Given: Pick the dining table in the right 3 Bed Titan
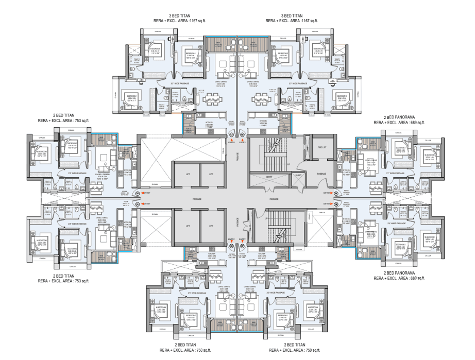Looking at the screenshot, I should (262, 98).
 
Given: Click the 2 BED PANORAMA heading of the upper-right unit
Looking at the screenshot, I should (399, 117).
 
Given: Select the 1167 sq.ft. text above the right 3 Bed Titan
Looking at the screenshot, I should (308, 21).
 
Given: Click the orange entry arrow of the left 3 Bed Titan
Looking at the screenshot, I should (231, 140).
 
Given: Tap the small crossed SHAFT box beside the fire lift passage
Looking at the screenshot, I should (298, 175).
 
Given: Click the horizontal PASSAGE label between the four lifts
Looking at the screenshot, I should (196, 198).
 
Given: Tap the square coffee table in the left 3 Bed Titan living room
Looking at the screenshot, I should (223, 64).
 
